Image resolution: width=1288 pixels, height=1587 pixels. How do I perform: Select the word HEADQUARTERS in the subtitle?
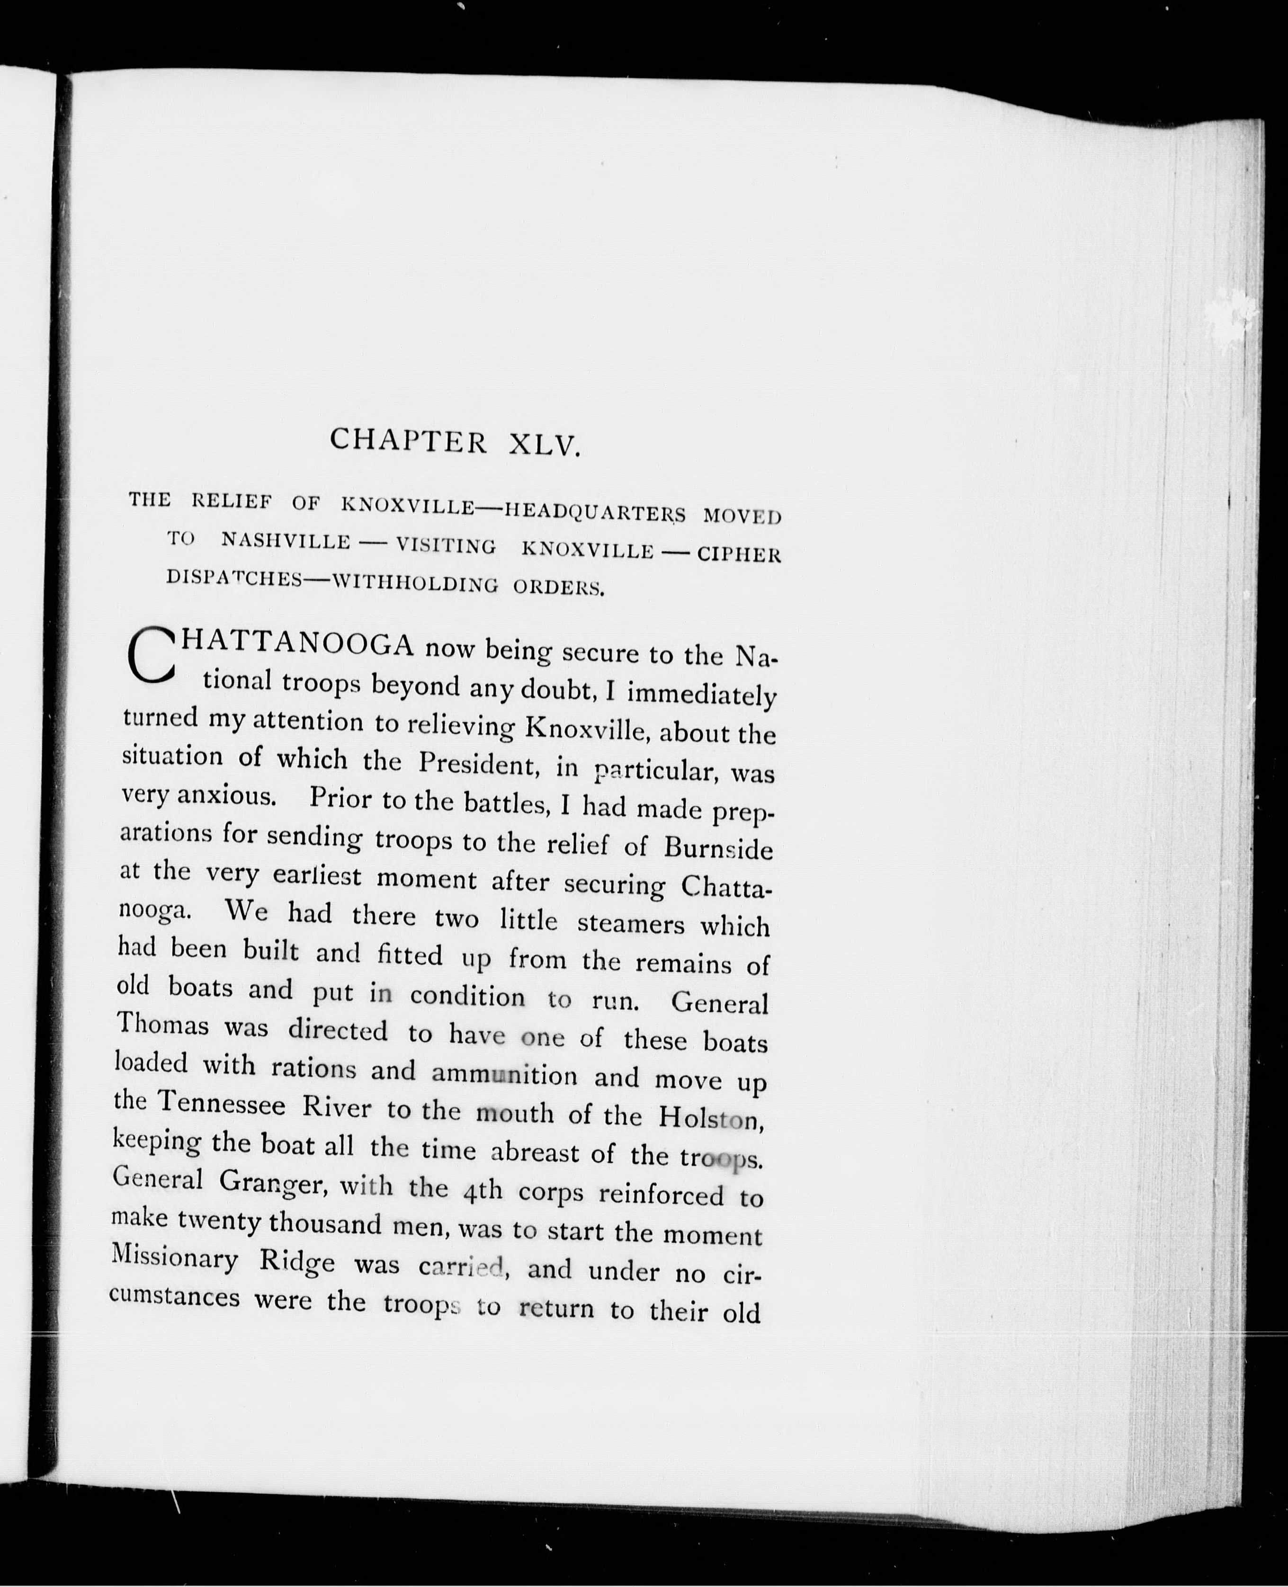[x=596, y=511]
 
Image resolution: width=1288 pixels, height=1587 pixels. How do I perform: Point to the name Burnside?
[x=718, y=848]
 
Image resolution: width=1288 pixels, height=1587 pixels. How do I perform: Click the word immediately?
[x=701, y=695]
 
